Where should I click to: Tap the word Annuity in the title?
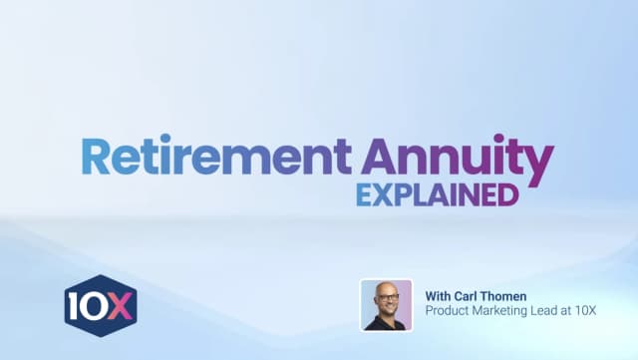[458, 160]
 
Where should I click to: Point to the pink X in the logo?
[120, 303]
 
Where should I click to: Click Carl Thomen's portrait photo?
[386, 304]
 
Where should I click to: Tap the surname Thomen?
[513, 295]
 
